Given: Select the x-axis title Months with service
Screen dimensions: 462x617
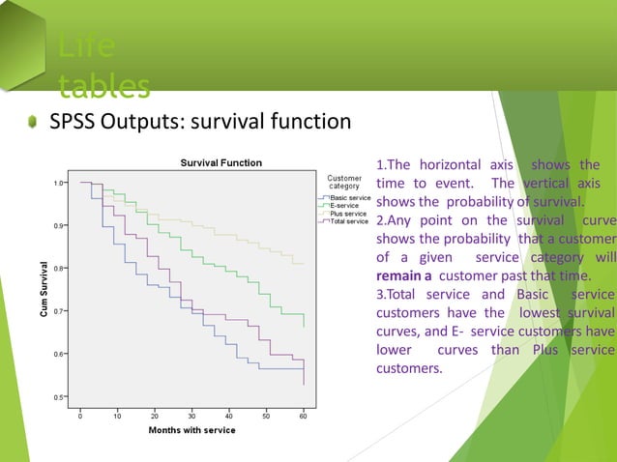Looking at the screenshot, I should [x=191, y=430].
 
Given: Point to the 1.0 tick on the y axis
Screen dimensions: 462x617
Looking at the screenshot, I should [x=60, y=183].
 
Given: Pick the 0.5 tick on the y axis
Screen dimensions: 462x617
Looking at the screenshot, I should [x=60, y=397].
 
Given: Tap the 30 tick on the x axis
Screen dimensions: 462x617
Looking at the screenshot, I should [x=191, y=416].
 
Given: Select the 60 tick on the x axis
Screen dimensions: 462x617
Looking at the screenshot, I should [x=304, y=416].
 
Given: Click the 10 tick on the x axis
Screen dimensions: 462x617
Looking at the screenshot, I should [x=117, y=416].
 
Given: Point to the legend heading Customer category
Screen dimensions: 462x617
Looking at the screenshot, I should [x=344, y=182].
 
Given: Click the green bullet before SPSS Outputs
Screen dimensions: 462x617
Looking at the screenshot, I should [x=32, y=123].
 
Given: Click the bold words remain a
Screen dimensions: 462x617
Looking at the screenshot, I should [x=403, y=275].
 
